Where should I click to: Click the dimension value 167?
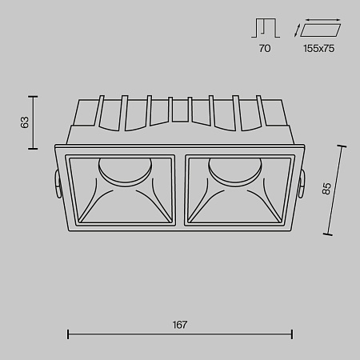(179, 325)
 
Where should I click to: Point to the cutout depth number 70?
(265, 49)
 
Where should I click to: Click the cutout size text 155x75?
(319, 49)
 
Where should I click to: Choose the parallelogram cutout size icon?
(318, 30)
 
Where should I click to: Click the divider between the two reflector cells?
(180, 190)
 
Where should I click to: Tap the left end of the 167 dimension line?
(67, 334)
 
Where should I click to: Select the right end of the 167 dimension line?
(292, 334)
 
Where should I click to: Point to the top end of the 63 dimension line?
(34, 97)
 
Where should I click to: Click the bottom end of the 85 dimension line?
(327, 234)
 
